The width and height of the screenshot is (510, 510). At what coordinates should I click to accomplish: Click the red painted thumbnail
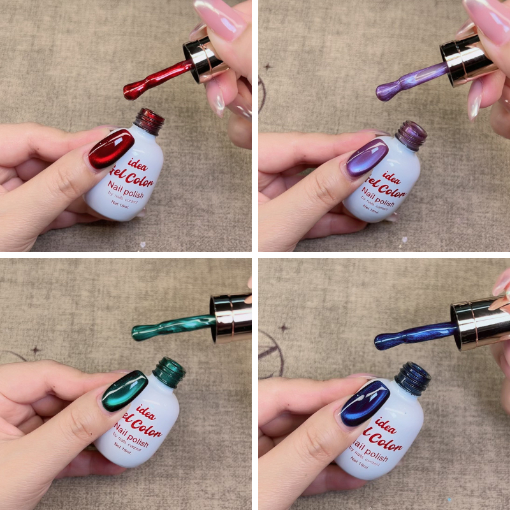(x=111, y=149)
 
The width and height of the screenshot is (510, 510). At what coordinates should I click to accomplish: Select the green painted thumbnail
(x=124, y=390)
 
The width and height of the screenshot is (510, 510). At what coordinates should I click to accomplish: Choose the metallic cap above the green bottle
(x=231, y=316)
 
